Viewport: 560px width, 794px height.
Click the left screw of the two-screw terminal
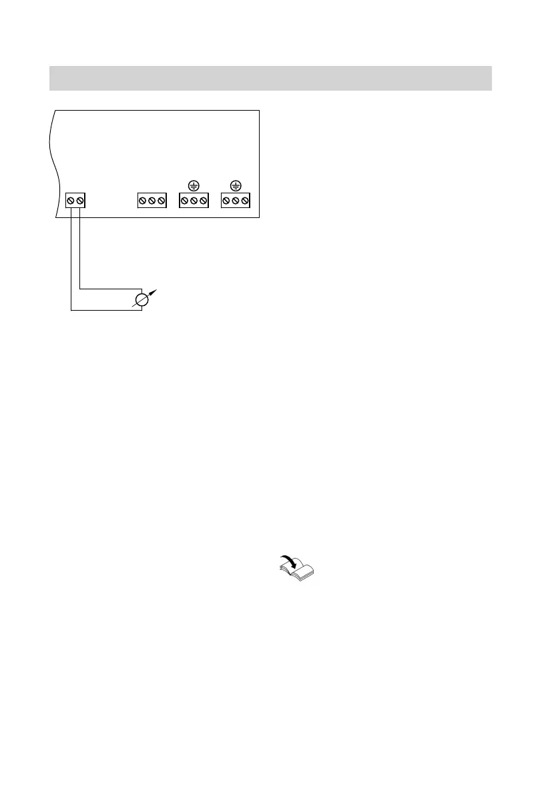click(x=71, y=201)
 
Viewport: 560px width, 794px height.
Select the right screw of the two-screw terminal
click(x=80, y=201)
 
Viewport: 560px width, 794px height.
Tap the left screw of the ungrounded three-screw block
click(x=142, y=201)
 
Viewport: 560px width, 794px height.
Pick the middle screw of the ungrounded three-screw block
click(x=152, y=201)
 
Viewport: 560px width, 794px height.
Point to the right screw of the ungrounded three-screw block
click(x=161, y=201)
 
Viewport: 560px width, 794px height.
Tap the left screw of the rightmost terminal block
click(x=226, y=201)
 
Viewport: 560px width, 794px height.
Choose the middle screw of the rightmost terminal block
click(x=236, y=201)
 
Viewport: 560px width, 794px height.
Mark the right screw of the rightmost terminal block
click(x=245, y=201)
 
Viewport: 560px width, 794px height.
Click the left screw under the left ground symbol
click(x=184, y=201)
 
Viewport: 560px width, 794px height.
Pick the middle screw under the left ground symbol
click(x=194, y=201)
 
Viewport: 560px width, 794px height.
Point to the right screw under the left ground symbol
click(x=203, y=201)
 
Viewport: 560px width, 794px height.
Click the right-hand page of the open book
click(x=308, y=571)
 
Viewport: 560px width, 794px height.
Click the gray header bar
click(x=270, y=78)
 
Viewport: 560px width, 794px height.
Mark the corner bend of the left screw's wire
click(x=71, y=309)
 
